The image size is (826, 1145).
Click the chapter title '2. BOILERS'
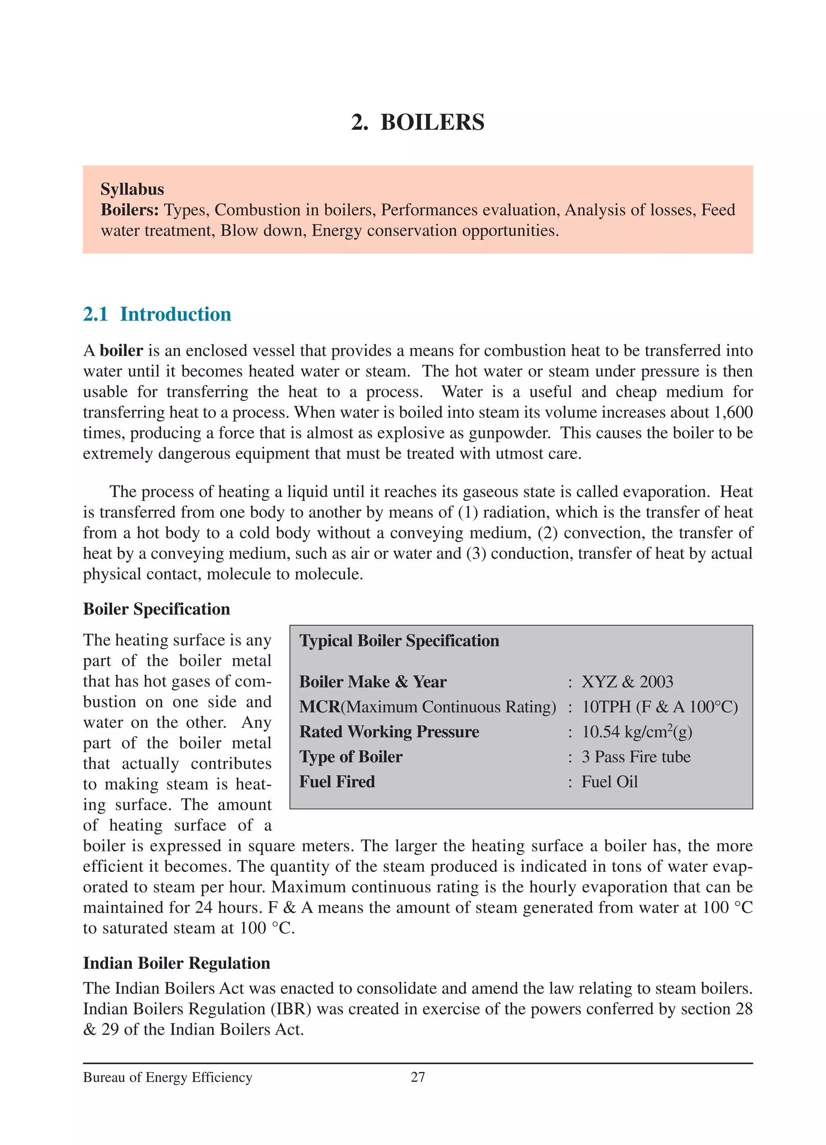[417, 123]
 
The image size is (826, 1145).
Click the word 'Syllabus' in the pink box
[132, 189]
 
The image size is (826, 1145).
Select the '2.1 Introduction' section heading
[157, 314]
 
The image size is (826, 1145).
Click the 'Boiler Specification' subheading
[156, 609]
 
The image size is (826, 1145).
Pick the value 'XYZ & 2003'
[627, 682]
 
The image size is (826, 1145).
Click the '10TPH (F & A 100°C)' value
[659, 707]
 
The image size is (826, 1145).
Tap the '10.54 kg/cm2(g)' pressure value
[637, 732]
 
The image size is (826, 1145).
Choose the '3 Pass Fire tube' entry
[636, 757]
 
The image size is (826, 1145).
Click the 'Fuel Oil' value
[609, 781]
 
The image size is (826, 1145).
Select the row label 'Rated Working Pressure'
[389, 732]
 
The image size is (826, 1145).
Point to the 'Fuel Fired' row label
[337, 781]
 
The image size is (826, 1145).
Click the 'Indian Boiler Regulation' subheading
[177, 963]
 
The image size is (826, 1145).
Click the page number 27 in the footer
[418, 1077]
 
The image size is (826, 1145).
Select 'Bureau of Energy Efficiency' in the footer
[167, 1077]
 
